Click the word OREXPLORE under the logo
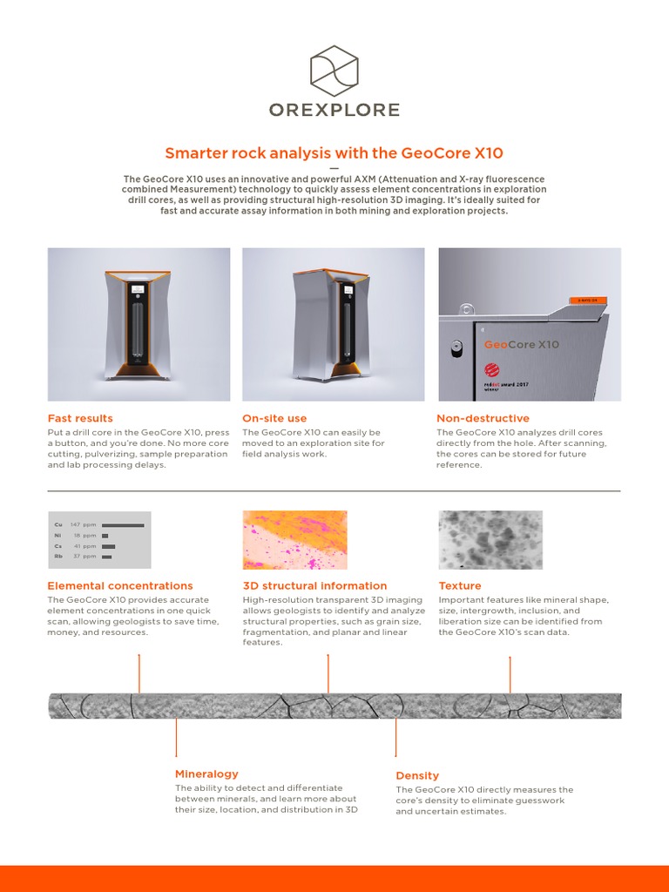pyautogui.click(x=334, y=110)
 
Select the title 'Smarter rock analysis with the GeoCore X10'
pyautogui.click(x=334, y=153)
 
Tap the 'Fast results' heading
pyautogui.click(x=80, y=418)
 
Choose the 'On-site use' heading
pyautogui.click(x=274, y=418)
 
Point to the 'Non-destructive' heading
pyautogui.click(x=483, y=418)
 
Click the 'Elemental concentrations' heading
pyautogui.click(x=120, y=585)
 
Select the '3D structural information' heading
pyautogui.click(x=314, y=585)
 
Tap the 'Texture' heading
pyautogui.click(x=460, y=585)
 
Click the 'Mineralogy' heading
pyautogui.click(x=206, y=774)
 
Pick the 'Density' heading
pyautogui.click(x=417, y=775)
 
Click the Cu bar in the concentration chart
pyautogui.click(x=123, y=525)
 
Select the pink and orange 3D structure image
pyautogui.click(x=294, y=540)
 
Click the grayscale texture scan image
pyautogui.click(x=490, y=540)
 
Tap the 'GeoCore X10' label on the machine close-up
pyautogui.click(x=522, y=344)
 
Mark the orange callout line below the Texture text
pyautogui.click(x=510, y=675)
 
